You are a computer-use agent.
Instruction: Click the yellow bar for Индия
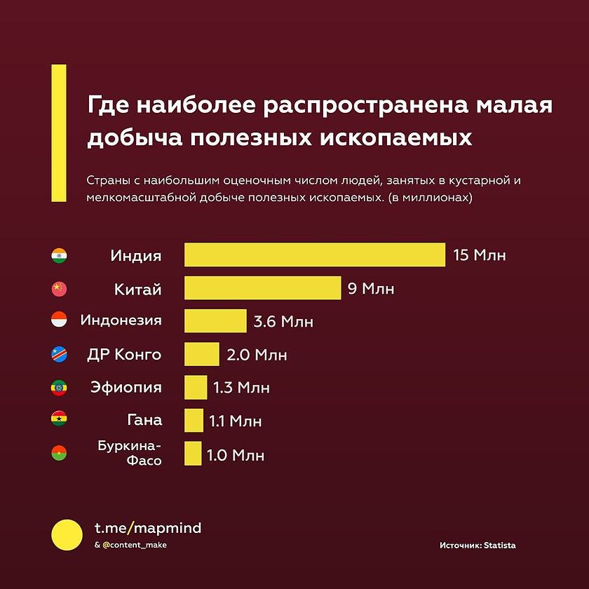point(315,255)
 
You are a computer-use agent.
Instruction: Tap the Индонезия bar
point(215,321)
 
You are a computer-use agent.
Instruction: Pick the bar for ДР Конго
point(202,354)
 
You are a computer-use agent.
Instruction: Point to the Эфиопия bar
point(196,388)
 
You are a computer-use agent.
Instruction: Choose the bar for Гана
point(194,421)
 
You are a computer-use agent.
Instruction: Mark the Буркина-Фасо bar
point(193,454)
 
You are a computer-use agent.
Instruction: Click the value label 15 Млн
point(480,255)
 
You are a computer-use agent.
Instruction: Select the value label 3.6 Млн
point(283,322)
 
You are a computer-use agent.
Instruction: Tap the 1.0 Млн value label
point(236,455)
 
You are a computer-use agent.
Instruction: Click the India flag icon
point(60,255)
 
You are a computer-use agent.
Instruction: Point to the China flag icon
point(60,288)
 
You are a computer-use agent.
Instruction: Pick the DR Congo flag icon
point(60,355)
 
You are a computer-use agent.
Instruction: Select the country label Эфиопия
point(126,388)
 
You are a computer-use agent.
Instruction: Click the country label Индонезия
point(121,321)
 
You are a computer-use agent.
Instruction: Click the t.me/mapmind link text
point(147,528)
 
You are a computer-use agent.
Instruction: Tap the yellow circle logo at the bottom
point(67,535)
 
